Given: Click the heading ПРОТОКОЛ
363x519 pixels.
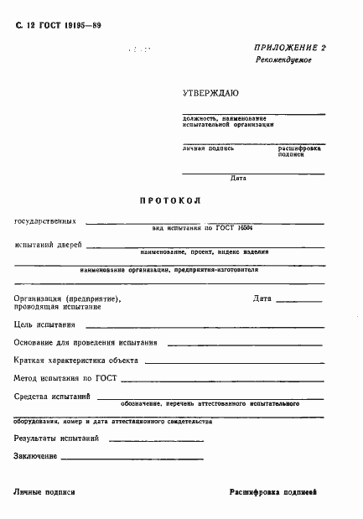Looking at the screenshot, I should coord(175,201).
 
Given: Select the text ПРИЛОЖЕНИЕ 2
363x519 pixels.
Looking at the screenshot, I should coord(289,49).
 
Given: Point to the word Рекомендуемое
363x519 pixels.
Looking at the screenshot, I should coord(283,62).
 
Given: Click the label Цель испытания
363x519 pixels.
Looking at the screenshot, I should coord(45,324).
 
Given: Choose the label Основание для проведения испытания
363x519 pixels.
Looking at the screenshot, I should coord(86,342).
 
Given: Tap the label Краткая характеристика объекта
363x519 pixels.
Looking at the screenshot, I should coord(76,361).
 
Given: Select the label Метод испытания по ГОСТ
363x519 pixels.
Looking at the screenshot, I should coord(65,378).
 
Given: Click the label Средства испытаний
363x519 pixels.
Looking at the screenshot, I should coord(52,396).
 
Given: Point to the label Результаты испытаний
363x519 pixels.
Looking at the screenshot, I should coord(57,438).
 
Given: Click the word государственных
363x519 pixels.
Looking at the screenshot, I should coord(45,222).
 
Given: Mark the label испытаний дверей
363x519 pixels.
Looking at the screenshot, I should coord(48,245).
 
